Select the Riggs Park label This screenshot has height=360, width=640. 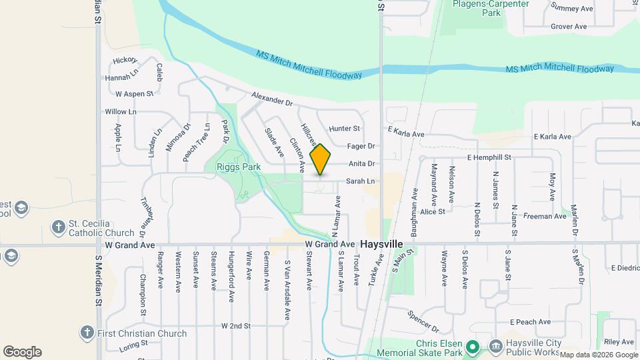click(x=237, y=167)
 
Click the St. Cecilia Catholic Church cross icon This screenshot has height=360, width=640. click(x=59, y=227)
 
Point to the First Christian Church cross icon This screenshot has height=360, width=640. click(x=86, y=332)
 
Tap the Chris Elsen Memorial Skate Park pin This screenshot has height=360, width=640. click(x=472, y=347)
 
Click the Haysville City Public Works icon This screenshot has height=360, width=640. click(x=495, y=347)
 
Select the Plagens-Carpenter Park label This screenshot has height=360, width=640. click(x=491, y=8)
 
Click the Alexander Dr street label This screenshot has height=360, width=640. click(x=272, y=100)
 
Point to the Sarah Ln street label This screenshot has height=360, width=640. click(x=360, y=181)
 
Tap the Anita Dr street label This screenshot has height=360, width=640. click(x=362, y=163)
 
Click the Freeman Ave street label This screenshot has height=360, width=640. click(x=545, y=216)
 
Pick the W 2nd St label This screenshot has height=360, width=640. click(x=236, y=326)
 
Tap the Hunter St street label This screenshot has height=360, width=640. click(x=345, y=128)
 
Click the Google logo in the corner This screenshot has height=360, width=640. click(x=22, y=352)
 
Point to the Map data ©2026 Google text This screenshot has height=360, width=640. click(x=598, y=355)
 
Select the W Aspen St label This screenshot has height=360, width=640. click(x=134, y=94)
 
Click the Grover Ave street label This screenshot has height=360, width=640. click(x=568, y=27)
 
